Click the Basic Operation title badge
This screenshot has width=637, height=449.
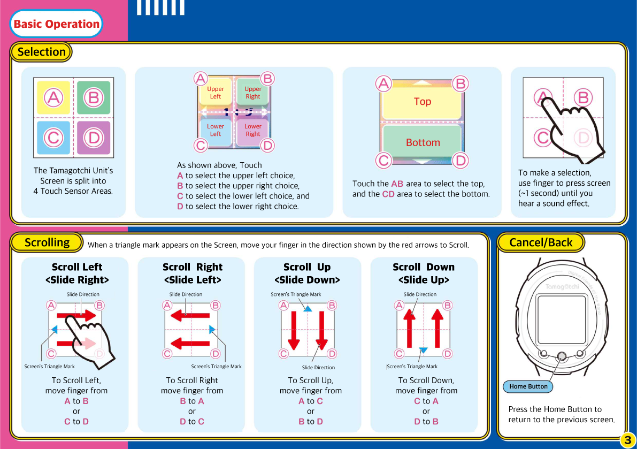tap(56, 24)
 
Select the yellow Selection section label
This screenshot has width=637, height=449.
tap(41, 52)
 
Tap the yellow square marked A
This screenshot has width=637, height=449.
tap(53, 98)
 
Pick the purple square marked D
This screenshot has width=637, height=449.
tap(94, 138)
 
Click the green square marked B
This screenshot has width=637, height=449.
tap(94, 98)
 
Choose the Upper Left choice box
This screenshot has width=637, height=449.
tap(215, 93)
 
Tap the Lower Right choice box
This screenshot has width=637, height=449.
tap(252, 131)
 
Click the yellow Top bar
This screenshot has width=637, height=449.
tap(422, 102)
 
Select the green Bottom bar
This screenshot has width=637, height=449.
tap(422, 142)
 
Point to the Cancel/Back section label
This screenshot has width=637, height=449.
tap(541, 242)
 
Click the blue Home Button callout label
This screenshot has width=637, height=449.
tap(528, 386)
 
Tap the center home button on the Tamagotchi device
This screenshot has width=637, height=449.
tap(562, 356)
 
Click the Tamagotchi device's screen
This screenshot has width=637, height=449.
tap(561, 318)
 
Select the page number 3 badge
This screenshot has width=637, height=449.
tap(627, 440)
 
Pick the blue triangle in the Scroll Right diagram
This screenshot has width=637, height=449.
tap(212, 329)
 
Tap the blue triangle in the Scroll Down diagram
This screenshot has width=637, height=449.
tap(423, 350)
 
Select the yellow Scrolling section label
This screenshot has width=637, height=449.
tap(47, 242)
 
